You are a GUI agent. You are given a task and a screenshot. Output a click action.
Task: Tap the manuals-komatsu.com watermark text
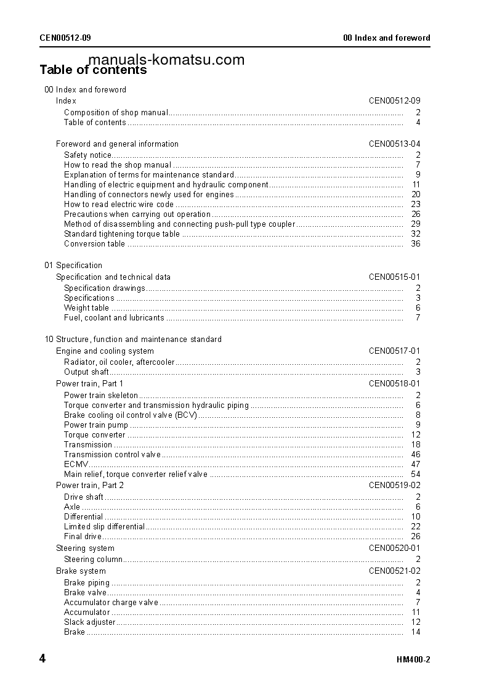pos(166,60)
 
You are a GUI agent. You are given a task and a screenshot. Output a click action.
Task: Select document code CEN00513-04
pos(394,144)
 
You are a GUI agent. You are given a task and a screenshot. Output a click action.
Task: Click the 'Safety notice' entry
pos(88,155)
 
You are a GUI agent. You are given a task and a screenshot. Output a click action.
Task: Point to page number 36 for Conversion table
pos(416,244)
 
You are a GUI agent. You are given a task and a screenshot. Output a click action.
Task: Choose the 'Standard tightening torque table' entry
pos(122,234)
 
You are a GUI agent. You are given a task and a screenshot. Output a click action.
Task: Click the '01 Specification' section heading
pos(73,266)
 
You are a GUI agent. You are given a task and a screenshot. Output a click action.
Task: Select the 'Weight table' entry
pos(86,308)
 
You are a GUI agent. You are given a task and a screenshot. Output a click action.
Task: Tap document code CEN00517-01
pos(394,351)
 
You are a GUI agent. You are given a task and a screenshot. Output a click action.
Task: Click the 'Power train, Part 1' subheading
pos(89,384)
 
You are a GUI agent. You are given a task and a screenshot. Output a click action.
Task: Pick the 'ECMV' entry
pos(76,465)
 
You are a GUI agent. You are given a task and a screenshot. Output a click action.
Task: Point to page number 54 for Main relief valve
pos(416,474)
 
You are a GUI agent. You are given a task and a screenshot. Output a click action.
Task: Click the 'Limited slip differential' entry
pos(104,527)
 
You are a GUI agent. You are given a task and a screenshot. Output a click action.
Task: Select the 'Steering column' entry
pos(93,560)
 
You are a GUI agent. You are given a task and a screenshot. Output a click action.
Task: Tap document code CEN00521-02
pos(394,571)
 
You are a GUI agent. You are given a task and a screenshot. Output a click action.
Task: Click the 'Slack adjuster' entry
pos(89,622)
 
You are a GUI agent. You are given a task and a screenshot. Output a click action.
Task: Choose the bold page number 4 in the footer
pos(42,659)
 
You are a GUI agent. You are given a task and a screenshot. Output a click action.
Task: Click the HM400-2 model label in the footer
pos(413,660)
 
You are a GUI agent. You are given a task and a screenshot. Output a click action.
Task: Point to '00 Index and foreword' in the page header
pos(386,38)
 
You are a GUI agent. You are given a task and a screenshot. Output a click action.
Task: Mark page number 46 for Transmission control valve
pos(416,455)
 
